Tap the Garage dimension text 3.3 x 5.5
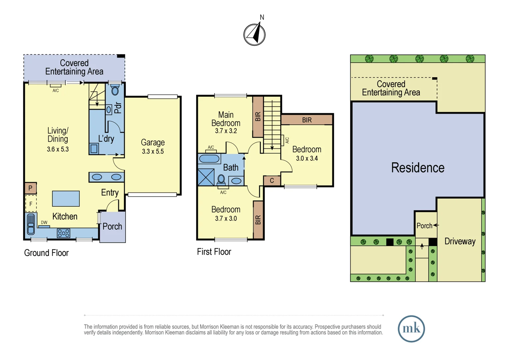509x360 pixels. coord(153,151)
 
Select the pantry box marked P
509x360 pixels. coord(30,188)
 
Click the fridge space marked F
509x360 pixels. coord(31,204)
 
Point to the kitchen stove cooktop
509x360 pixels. coord(63,233)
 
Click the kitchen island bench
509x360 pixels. coord(66,199)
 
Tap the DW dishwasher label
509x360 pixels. coord(44,222)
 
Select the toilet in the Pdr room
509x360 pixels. coord(115,90)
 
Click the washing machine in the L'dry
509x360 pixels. coord(94,149)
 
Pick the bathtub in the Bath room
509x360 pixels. coord(209,159)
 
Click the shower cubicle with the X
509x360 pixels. coord(206,177)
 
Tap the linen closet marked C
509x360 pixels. coord(272,181)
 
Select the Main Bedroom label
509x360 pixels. coord(226,119)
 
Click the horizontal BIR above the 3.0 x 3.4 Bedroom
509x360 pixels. coord(307,120)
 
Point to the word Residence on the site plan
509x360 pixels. coord(418,168)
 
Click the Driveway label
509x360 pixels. coord(460,241)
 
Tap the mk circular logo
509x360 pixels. coord(411,329)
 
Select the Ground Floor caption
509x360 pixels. coord(46,253)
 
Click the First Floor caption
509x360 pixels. coord(214,252)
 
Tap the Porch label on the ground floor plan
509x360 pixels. coord(112,226)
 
